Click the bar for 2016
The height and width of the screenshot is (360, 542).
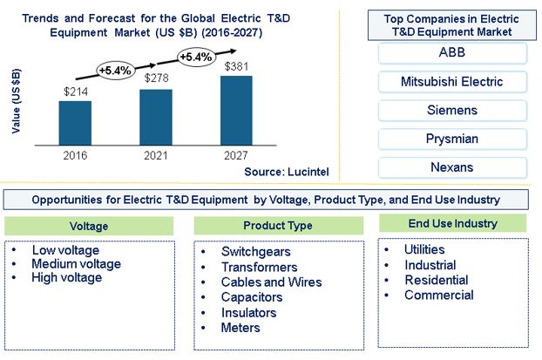click(x=75, y=123)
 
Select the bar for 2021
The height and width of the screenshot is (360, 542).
click(x=156, y=117)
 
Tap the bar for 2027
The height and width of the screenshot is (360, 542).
click(x=236, y=111)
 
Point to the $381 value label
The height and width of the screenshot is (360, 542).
click(x=236, y=66)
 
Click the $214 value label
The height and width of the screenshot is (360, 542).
click(x=76, y=92)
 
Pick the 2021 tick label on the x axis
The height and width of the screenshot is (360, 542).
click(x=156, y=156)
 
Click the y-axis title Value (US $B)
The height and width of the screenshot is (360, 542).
click(x=16, y=101)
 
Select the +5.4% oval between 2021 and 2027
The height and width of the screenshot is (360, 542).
click(x=196, y=57)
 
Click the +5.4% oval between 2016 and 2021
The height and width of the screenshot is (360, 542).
click(x=115, y=71)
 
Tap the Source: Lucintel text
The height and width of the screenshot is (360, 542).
click(x=287, y=172)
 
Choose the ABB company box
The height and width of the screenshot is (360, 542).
click(x=452, y=53)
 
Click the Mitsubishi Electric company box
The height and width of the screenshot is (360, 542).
click(x=452, y=82)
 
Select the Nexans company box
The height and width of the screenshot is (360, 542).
click(x=452, y=167)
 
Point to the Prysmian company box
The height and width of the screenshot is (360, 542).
click(x=452, y=139)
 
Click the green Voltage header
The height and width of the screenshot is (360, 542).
click(x=89, y=226)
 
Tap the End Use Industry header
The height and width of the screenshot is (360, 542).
click(x=453, y=223)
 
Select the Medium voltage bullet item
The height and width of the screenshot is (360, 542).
click(x=76, y=264)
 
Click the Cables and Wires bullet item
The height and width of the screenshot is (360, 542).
click(x=271, y=282)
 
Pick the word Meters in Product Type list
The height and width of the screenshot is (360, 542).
click(x=241, y=328)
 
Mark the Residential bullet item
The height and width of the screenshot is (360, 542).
click(x=437, y=280)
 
